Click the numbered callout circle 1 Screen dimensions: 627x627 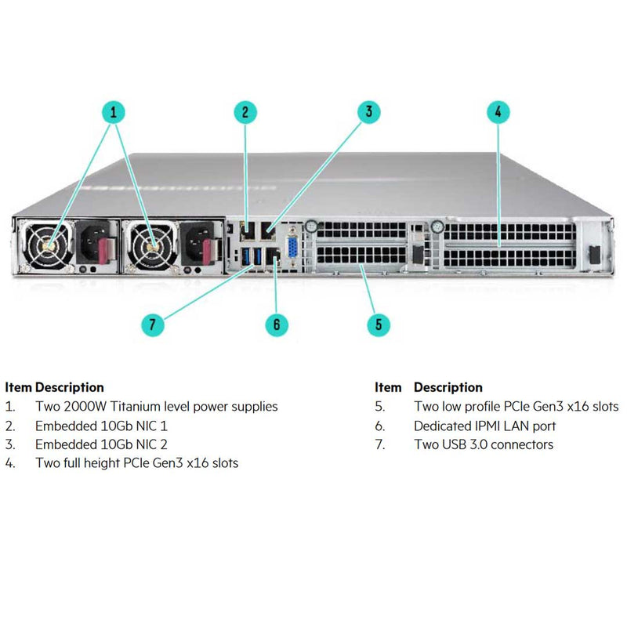coord(114,112)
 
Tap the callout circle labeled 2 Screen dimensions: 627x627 coord(245,112)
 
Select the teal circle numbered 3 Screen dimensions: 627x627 coord(369,111)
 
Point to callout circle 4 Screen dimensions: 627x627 coord(497,111)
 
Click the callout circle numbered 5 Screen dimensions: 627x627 coord(379,324)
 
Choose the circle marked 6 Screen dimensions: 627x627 coord(276,324)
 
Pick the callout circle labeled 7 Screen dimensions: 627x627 coord(153,323)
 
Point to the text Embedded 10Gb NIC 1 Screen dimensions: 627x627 coord(101,426)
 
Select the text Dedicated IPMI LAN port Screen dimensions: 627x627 coord(484,426)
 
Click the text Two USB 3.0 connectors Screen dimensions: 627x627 coord(483,444)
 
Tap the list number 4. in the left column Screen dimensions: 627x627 coord(10,463)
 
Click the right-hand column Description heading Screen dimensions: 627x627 coord(448,387)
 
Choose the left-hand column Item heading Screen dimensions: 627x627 coord(18,387)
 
